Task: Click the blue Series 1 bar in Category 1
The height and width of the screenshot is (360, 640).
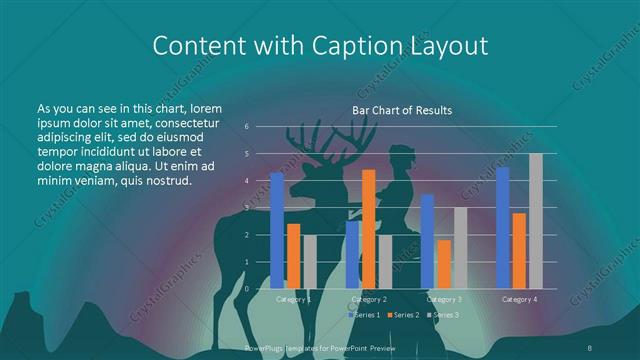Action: point(277,230)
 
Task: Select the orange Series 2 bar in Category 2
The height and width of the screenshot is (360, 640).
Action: point(369,229)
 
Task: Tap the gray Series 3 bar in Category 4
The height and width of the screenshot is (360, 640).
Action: point(536,221)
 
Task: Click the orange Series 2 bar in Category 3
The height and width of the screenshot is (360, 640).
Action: point(444,264)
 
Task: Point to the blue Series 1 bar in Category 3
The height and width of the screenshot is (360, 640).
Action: point(427,241)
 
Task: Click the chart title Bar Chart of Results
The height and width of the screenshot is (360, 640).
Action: point(402,110)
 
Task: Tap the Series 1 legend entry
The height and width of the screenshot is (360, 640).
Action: point(365,315)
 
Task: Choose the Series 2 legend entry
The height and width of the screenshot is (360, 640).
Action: point(403,315)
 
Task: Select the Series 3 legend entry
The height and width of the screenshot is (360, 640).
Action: point(441,315)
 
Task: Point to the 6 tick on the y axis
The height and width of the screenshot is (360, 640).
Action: point(246,127)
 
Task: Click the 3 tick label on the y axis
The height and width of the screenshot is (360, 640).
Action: point(246,208)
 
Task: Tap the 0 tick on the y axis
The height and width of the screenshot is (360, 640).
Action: point(246,289)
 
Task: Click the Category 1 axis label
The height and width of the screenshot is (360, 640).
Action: point(293,299)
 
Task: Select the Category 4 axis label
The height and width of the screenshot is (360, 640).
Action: point(519,299)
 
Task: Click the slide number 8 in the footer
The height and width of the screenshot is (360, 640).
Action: point(591,346)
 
